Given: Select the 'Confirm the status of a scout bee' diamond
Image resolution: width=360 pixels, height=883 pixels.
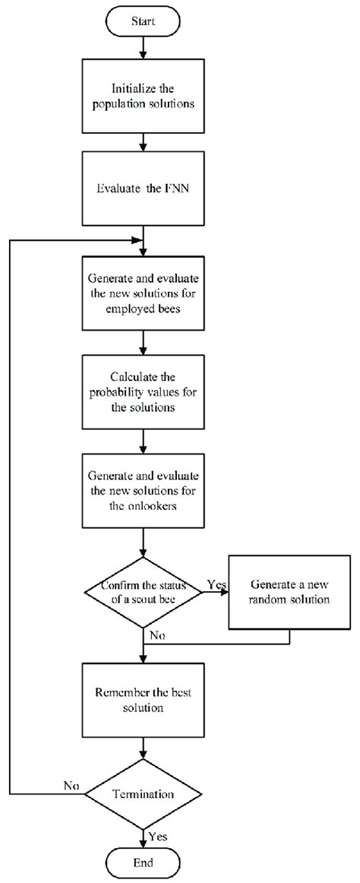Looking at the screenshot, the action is (145, 591).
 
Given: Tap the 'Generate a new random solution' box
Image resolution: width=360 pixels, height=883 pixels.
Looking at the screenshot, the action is (289, 591).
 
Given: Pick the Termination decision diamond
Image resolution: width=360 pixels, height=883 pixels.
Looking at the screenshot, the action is (145, 794).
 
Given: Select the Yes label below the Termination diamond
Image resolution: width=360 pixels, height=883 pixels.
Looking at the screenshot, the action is (157, 835).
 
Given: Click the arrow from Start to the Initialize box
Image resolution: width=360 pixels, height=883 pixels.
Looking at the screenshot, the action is (145, 47).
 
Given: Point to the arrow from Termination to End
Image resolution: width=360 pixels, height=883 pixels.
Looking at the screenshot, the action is (145, 836).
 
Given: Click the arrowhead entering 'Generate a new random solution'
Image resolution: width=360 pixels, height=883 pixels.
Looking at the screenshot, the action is (224, 591).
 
